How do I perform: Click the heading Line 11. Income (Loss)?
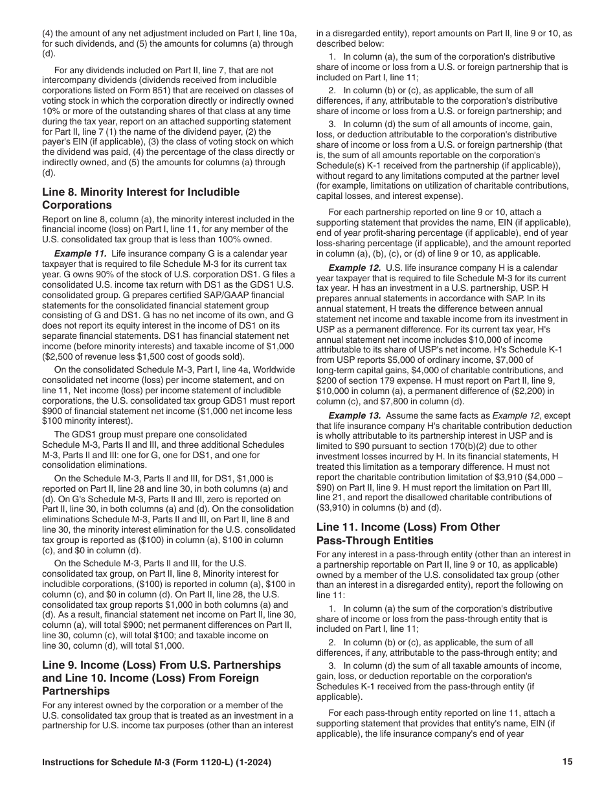[408, 527]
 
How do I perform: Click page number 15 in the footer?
[568, 762]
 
